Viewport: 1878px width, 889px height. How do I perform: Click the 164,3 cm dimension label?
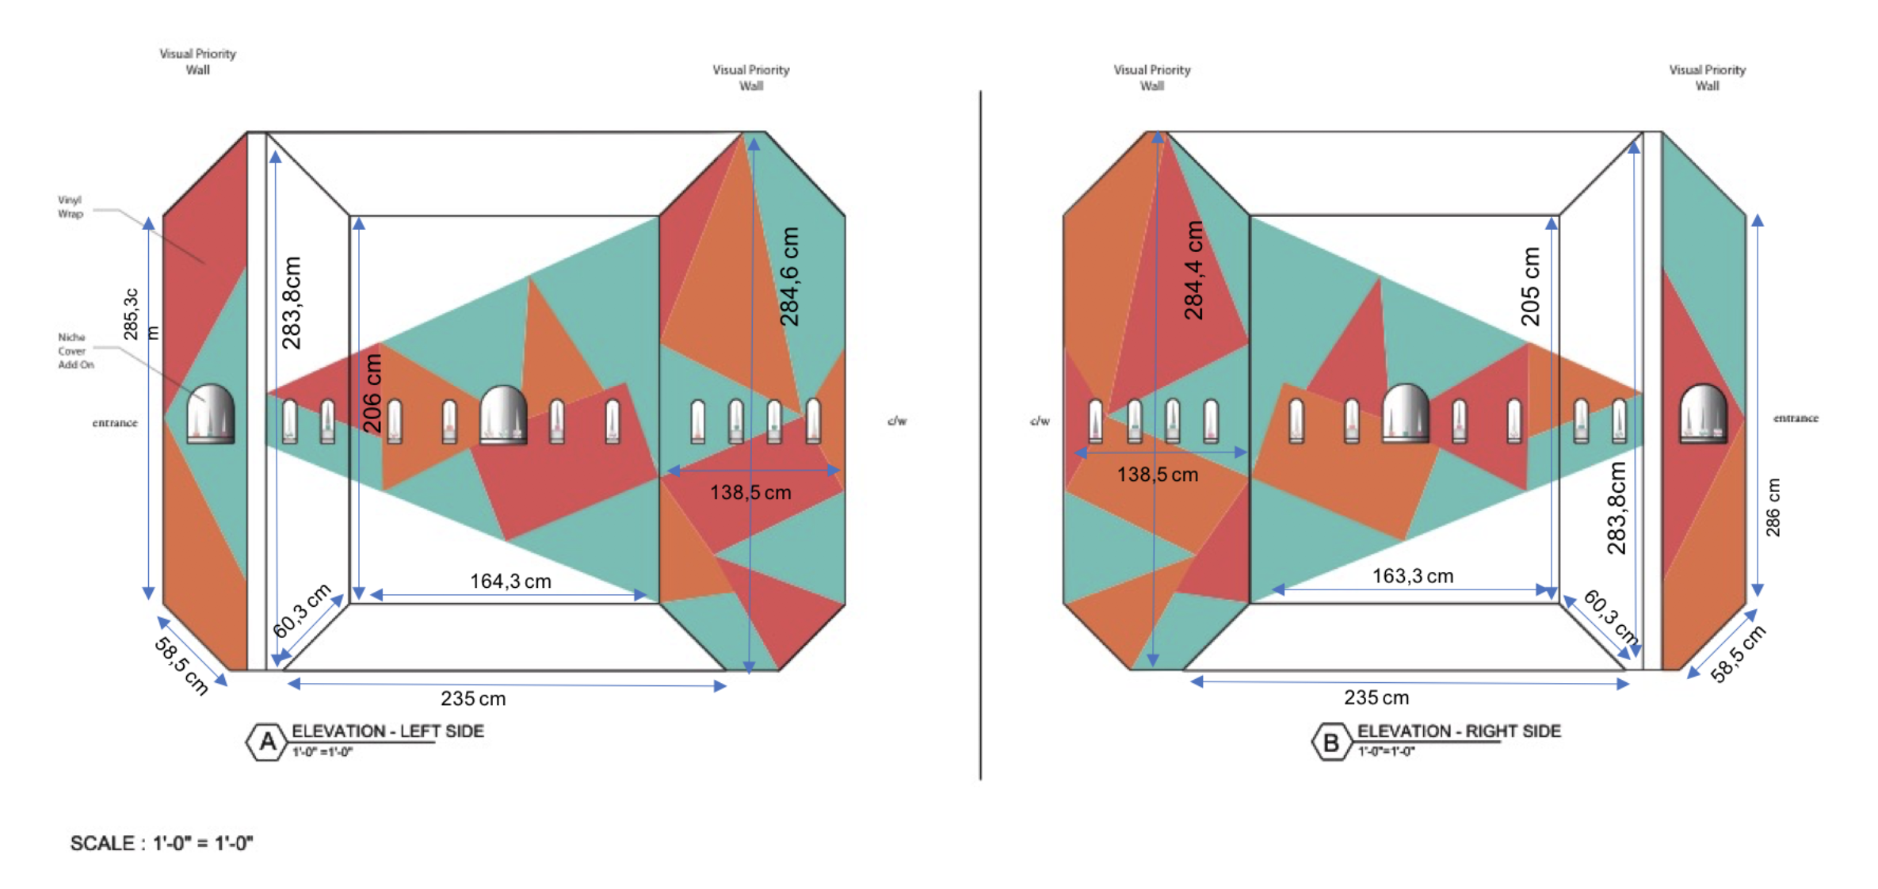510,582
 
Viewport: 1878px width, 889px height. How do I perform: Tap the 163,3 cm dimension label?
1413,576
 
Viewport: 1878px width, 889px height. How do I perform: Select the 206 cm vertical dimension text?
372,393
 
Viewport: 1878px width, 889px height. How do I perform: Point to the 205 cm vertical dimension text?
1530,286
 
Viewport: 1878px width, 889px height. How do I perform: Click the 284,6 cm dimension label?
789,277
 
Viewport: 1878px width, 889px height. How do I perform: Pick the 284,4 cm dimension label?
1193,270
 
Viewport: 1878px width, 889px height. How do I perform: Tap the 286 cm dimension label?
1773,507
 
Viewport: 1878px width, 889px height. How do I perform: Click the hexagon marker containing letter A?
267,742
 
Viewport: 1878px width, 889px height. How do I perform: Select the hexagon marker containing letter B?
1331,742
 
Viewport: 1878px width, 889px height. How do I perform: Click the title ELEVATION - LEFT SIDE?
387,731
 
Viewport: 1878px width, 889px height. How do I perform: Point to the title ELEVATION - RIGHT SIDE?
1459,731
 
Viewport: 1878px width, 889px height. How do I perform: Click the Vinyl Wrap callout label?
70,207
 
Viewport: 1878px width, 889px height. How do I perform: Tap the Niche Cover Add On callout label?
75,351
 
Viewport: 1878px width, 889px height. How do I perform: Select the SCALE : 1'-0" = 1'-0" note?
162,843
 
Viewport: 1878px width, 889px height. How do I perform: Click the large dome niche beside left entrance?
210,413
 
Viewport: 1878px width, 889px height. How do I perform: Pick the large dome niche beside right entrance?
1703,413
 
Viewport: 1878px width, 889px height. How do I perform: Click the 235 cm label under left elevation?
473,699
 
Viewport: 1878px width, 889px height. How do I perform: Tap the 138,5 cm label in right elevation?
1157,475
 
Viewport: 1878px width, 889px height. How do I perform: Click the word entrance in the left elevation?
115,423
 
